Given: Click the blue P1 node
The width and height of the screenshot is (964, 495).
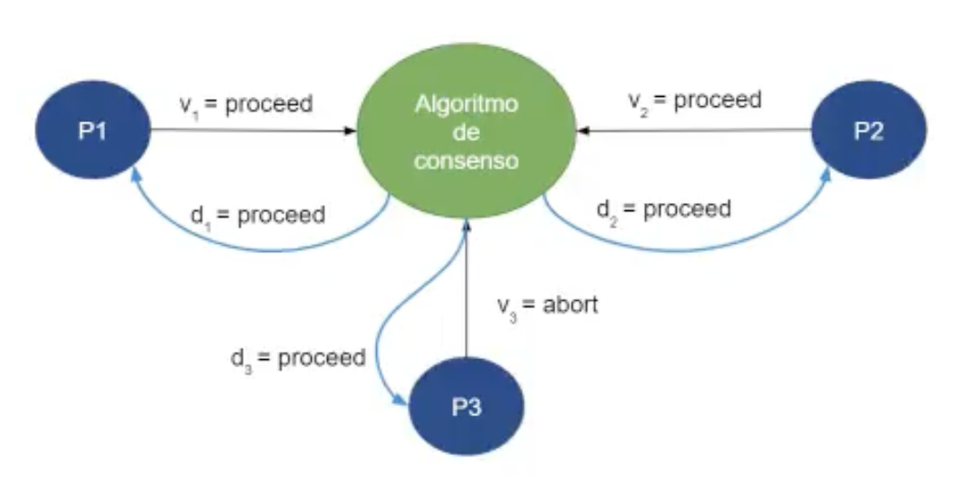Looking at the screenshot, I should pos(92,131).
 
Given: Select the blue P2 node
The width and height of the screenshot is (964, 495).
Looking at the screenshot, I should pos(868,130).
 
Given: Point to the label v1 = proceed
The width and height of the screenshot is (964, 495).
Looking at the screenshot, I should pos(246,104).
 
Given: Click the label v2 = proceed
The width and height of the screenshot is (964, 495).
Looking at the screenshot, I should pos(695,101).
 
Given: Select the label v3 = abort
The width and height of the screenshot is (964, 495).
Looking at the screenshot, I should pos(548,306).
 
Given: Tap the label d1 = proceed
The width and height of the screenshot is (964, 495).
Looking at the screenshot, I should pos(258,217).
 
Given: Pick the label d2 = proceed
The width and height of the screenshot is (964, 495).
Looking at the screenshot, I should pos(663,209).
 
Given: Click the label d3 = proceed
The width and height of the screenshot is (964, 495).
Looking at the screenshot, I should pos(297,357).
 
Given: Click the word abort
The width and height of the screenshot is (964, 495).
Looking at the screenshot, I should pos(571,305).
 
